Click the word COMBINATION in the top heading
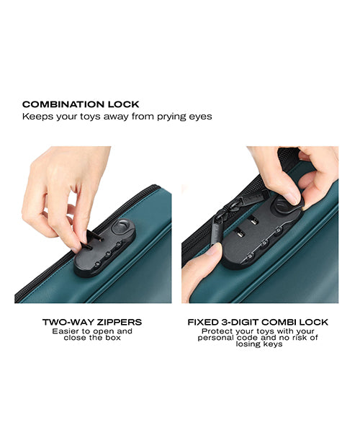tap(56, 104)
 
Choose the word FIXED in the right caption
tap(202, 322)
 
